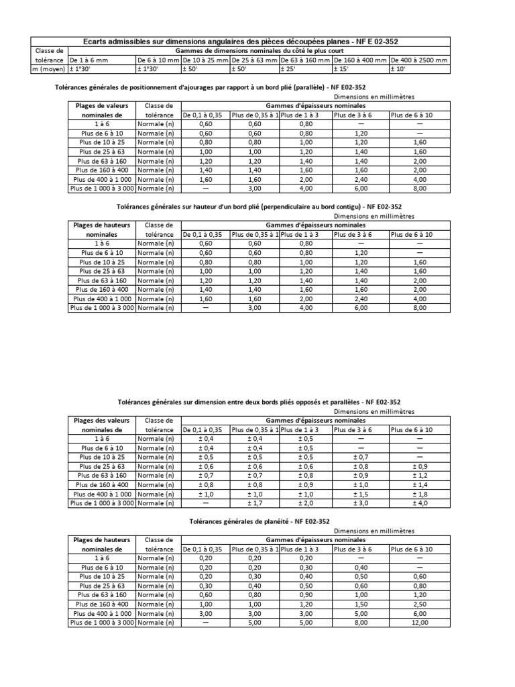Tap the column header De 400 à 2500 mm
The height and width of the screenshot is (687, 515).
tap(419, 60)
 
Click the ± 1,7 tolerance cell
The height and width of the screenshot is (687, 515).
tap(255, 503)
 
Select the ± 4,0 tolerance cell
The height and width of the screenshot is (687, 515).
tap(420, 503)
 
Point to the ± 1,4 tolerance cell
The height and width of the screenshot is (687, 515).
tap(420, 484)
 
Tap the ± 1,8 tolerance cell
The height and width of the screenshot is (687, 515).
tap(420, 494)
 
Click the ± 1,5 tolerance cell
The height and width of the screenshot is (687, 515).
tap(361, 494)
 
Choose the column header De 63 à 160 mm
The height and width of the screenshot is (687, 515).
tap(306, 60)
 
